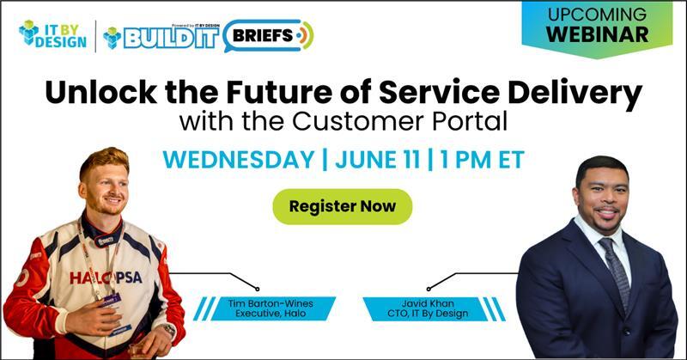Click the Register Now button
click(342, 206)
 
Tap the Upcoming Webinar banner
click(597, 27)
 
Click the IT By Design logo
click(52, 34)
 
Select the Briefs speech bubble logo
click(268, 35)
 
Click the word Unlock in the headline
click(100, 93)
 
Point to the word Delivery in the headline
click(575, 95)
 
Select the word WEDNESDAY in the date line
click(239, 159)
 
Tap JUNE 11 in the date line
click(377, 159)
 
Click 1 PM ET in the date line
click(483, 159)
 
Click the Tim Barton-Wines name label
click(271, 308)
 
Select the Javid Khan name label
click(428, 308)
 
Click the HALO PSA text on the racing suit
click(106, 278)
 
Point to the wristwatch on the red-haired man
click(168, 329)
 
